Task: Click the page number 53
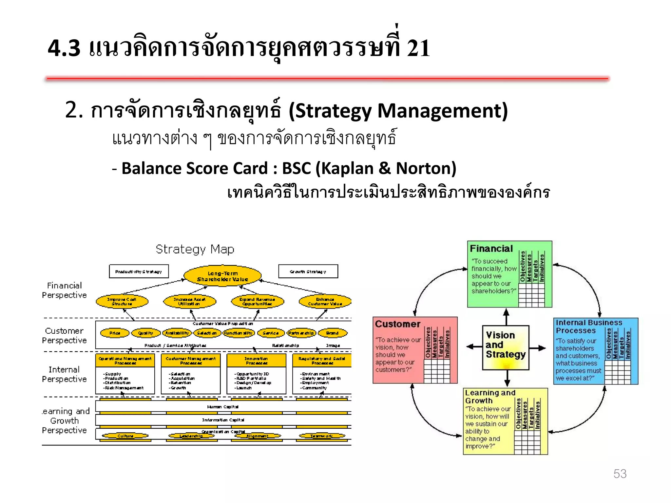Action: click(620, 474)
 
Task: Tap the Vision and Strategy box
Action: click(506, 347)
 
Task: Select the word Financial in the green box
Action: click(491, 249)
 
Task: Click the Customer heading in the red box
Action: click(397, 324)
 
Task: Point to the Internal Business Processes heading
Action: click(588, 326)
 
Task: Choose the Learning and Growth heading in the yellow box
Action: click(490, 397)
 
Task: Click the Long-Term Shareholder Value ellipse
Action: click(222, 276)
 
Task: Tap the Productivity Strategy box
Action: click(139, 271)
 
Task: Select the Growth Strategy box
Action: click(308, 271)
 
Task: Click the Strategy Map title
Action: click(195, 250)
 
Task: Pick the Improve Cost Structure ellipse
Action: click(122, 302)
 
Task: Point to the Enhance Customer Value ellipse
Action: click(325, 302)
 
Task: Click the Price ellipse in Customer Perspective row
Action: click(115, 333)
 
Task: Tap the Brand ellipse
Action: click(332, 333)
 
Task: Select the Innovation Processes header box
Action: click(256, 361)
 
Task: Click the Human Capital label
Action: click(223, 407)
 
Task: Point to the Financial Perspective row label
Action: click(64, 290)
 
